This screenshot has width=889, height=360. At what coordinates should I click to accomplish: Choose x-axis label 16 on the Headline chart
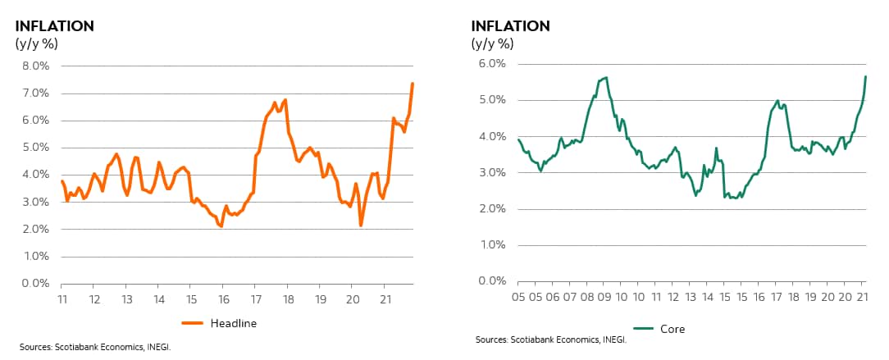point(222,298)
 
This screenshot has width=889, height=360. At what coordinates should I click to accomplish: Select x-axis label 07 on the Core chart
point(568,296)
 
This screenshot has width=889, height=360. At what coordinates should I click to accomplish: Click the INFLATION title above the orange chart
point(54,25)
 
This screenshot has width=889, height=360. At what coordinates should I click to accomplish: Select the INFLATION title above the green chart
point(510,25)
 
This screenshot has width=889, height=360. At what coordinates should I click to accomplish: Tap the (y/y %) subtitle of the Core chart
point(494,43)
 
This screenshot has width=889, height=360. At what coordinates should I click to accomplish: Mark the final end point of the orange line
point(413,83)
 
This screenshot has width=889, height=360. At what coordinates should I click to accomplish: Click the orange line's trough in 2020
point(361,226)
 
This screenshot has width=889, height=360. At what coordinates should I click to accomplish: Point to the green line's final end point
point(866,76)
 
